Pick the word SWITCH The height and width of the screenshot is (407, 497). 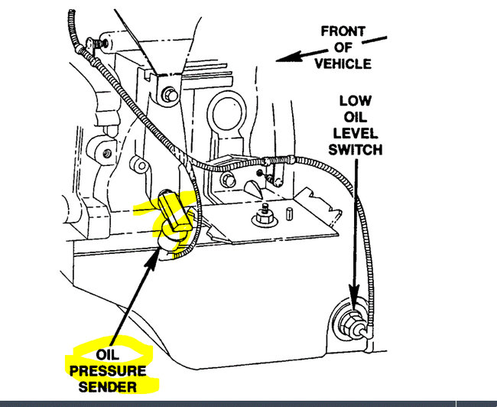pyautogui.click(x=355, y=151)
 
